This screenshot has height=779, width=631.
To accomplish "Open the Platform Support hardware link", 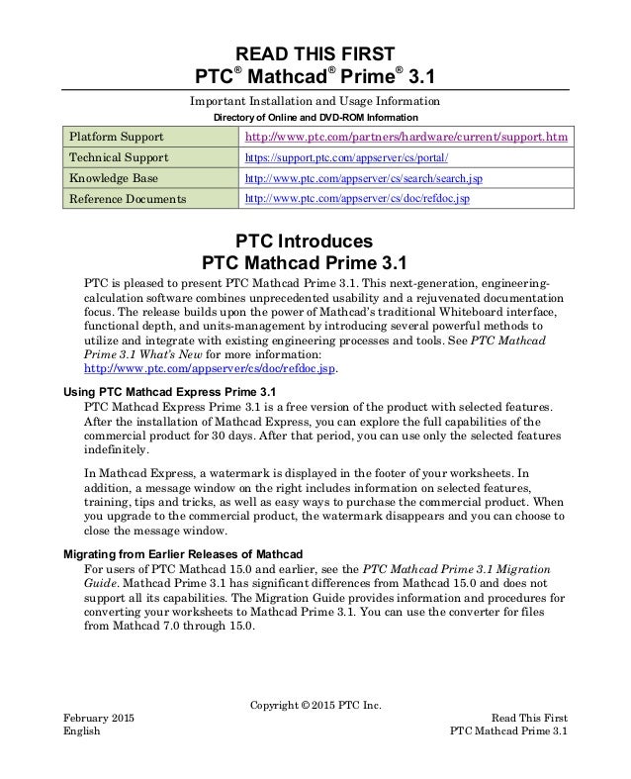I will click(x=406, y=137).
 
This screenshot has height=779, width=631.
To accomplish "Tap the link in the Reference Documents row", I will click(x=356, y=199).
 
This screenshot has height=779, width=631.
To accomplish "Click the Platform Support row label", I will click(x=116, y=137).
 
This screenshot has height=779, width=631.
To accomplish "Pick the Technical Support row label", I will click(x=118, y=157).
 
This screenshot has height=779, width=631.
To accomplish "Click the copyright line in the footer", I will click(x=315, y=705).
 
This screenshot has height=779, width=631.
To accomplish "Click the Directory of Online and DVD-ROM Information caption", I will click(x=315, y=117).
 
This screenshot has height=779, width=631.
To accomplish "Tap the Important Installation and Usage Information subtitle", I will click(x=315, y=100).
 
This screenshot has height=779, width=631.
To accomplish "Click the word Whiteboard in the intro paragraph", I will click(x=473, y=309).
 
